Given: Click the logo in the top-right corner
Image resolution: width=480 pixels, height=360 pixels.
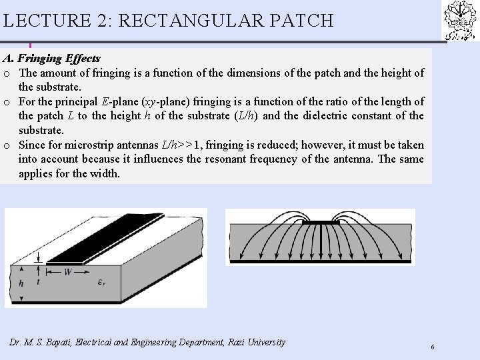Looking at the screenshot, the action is (x=461, y=19).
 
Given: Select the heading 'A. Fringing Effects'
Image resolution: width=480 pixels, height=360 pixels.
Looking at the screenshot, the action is (x=51, y=59).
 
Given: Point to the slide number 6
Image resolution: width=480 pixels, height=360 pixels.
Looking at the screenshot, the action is (x=433, y=347).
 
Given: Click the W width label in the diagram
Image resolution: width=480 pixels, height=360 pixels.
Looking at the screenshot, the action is (x=68, y=271).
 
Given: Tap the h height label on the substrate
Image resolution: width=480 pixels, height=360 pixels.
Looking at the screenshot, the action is (x=21, y=283).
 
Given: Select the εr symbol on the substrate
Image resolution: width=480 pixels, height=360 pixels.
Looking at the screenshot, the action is (x=101, y=281).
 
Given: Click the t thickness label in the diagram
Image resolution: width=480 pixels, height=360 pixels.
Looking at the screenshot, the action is (x=37, y=281).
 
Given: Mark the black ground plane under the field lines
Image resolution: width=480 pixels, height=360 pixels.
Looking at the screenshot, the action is (x=320, y=262).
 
